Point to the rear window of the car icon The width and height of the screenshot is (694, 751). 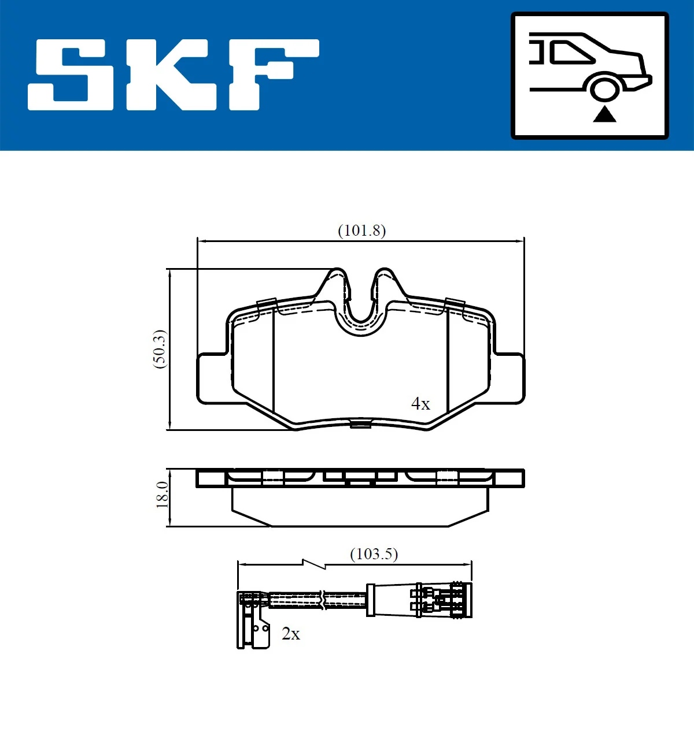tap(572, 53)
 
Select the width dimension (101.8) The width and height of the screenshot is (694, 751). tap(361, 230)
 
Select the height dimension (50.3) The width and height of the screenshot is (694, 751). tap(160, 349)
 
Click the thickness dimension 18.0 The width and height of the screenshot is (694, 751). tap(162, 495)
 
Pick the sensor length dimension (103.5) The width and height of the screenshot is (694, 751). tap(374, 554)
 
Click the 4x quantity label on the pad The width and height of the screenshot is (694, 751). tap(420, 403)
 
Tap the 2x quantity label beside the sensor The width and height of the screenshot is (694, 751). tap(291, 634)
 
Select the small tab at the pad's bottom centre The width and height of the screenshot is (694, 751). tap(360, 425)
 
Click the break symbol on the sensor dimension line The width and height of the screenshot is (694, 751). tap(313, 564)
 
